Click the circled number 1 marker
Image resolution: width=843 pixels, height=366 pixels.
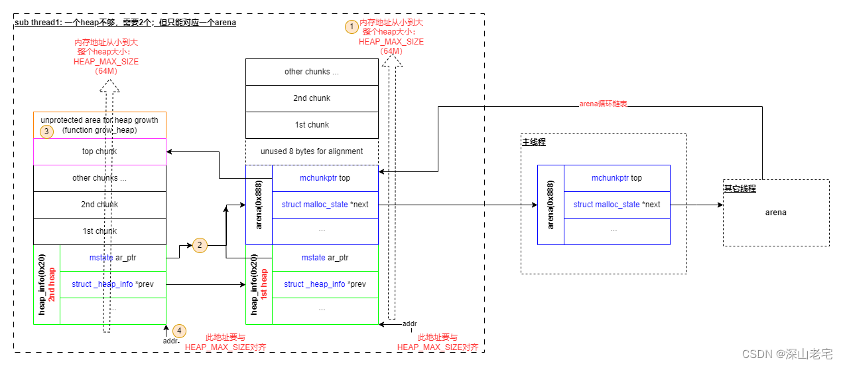point(350,27)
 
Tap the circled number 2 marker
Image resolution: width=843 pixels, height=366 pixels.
point(198,245)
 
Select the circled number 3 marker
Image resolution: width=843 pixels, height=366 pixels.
point(46,132)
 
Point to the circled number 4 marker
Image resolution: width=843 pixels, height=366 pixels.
point(179,330)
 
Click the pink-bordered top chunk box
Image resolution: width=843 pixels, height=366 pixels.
point(99,151)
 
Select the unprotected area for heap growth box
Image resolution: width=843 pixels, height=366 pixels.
point(99,124)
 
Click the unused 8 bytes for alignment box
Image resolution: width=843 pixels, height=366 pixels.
point(312,151)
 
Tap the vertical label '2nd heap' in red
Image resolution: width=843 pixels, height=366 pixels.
point(51,285)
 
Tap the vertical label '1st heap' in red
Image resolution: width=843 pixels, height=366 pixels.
point(263,285)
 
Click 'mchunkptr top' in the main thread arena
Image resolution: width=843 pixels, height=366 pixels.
point(617,178)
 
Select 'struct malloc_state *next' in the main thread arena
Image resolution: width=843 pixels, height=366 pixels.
point(617,205)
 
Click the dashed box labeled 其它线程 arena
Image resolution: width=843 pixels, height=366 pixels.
point(776,213)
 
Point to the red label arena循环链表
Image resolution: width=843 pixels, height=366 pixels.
point(603,104)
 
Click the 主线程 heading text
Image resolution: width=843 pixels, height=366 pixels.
point(534,142)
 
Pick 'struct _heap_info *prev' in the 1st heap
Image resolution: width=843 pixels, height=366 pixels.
point(325,284)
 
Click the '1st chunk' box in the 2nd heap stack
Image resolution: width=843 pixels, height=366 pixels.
point(99,231)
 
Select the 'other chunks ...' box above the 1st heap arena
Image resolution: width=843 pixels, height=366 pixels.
point(312,72)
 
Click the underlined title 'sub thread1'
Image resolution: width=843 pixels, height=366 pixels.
point(37,23)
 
